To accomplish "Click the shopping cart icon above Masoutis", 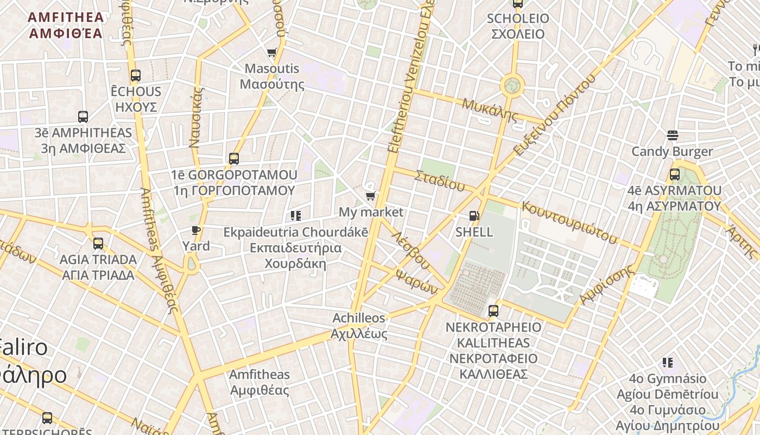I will click(271, 53).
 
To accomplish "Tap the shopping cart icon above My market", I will click(370, 196).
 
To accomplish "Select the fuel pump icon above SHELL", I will click(474, 216).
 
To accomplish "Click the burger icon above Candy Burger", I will click(672, 135).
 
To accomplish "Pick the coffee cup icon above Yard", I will click(196, 231).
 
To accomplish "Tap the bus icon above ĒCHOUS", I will click(136, 76).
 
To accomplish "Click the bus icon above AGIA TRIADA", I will click(98, 244).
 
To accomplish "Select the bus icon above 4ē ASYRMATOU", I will click(674, 175).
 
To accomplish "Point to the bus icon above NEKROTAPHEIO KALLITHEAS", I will click(493, 311).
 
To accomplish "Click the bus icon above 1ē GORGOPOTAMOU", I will click(233, 159).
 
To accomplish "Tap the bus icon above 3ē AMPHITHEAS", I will click(83, 116).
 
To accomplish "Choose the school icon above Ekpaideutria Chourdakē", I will click(296, 216).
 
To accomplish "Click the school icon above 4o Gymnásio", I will click(668, 363).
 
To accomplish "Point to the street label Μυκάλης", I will click(490, 109).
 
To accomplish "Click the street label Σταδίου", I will click(440, 181).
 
